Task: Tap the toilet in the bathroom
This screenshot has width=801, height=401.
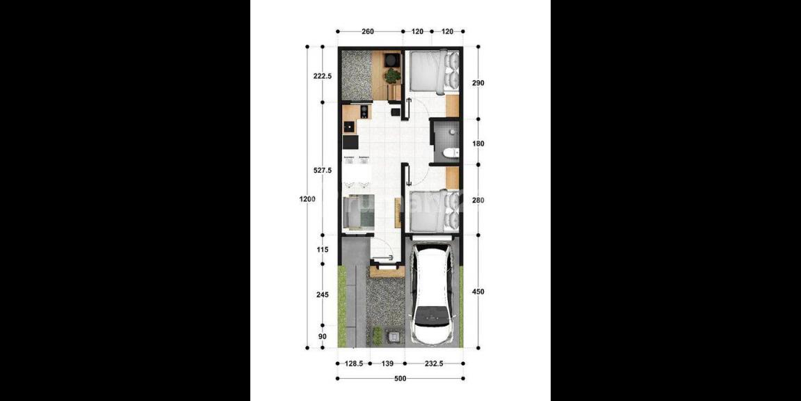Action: coord(449,153)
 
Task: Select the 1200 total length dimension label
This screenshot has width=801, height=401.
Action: coord(307,199)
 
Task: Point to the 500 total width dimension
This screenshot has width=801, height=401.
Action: coord(400,379)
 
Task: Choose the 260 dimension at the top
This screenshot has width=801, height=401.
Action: coord(369,31)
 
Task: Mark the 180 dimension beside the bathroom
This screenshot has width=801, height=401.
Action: coord(478,144)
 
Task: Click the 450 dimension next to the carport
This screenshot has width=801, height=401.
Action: coord(478,292)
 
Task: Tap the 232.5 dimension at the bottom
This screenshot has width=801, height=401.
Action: coord(435,363)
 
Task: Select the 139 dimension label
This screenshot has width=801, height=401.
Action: coord(388,363)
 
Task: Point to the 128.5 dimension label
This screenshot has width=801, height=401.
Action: coord(354,363)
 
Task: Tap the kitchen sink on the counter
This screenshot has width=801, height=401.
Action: coord(347,127)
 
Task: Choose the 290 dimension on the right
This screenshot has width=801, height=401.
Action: coord(478,83)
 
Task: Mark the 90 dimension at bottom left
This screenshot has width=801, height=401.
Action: coord(322,337)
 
